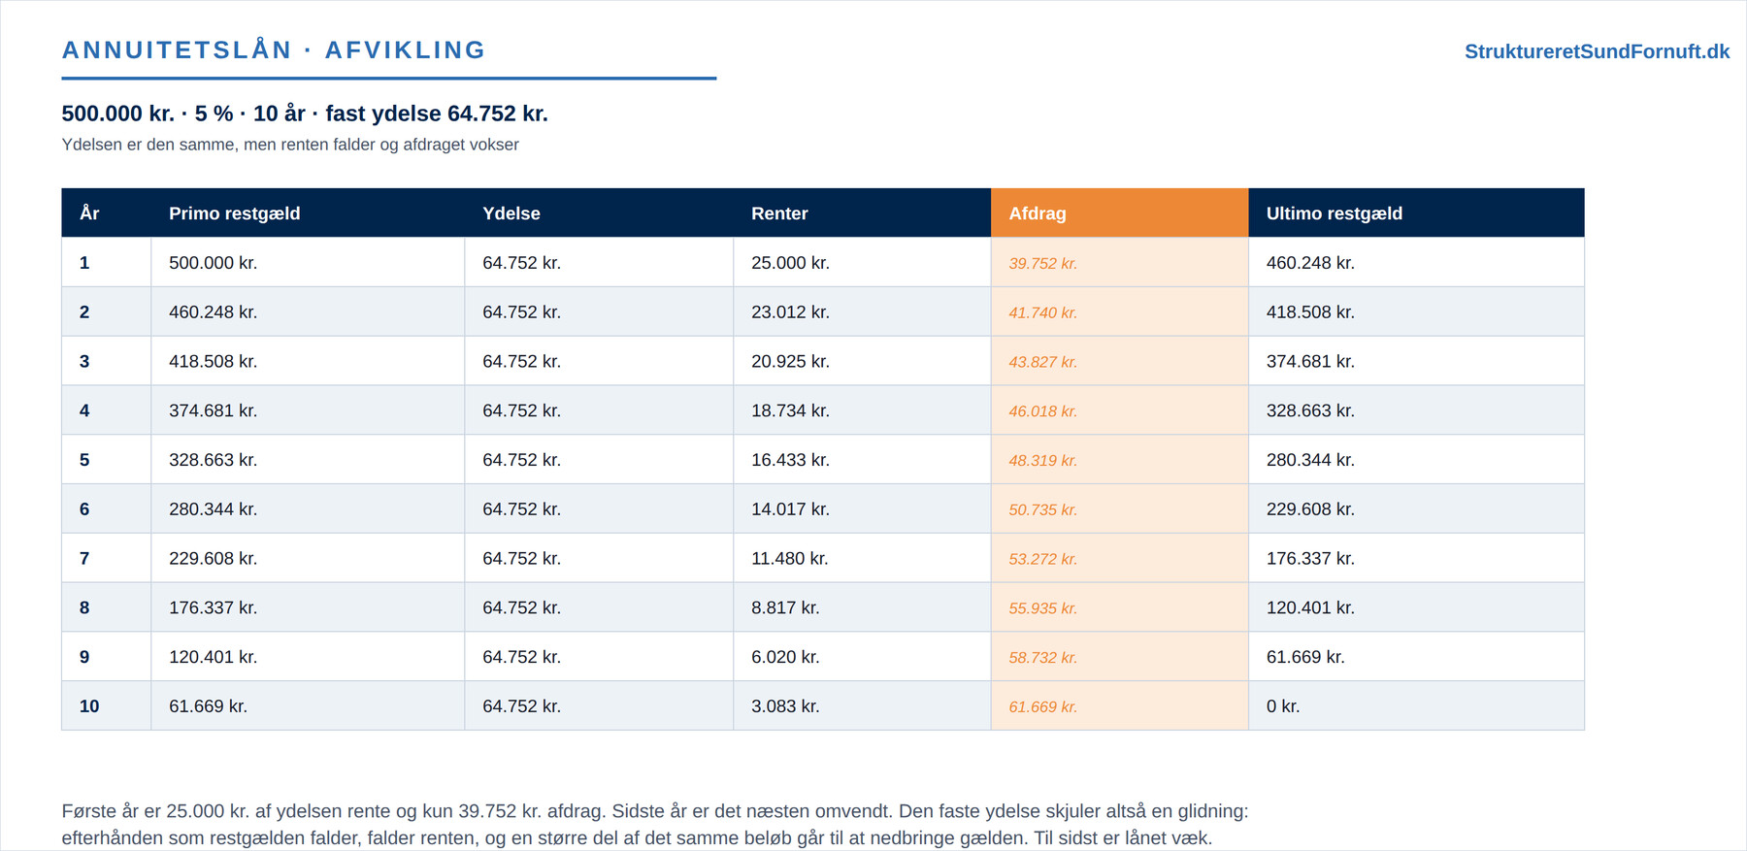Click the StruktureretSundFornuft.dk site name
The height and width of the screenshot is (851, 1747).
tap(1597, 51)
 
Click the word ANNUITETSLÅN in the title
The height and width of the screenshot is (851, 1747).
tap(177, 49)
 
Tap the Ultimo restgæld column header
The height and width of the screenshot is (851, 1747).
tap(1335, 213)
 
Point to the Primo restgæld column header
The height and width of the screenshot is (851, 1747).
tap(235, 213)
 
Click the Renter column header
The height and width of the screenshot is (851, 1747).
tap(779, 213)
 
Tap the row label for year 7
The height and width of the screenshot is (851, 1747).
tap(84, 559)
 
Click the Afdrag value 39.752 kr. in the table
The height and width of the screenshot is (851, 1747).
tap(1042, 263)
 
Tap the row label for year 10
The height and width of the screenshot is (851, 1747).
tap(89, 706)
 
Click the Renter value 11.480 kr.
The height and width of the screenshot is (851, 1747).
tap(790, 559)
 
